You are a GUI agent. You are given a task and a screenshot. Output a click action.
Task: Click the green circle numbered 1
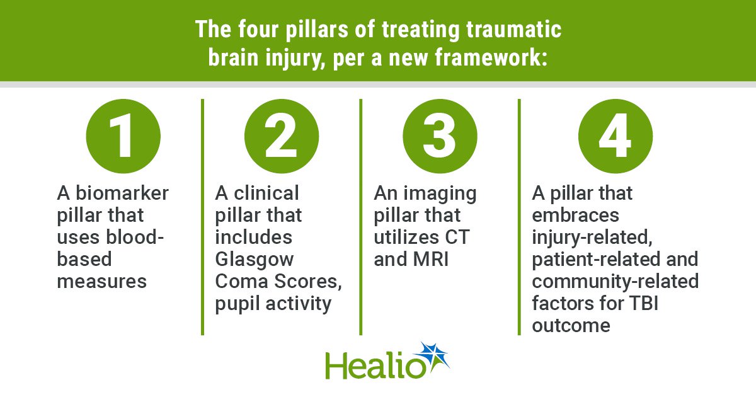pyautogui.click(x=123, y=136)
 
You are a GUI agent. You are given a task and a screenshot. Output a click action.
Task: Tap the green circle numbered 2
pyautogui.click(x=282, y=136)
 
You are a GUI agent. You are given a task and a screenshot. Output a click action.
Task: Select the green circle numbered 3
pyautogui.click(x=440, y=136)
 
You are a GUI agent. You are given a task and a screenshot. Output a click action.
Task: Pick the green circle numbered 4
pyautogui.click(x=616, y=136)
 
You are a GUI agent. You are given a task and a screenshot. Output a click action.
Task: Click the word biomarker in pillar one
pyautogui.click(x=122, y=193)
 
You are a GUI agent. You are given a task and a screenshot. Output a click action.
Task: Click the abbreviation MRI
pyautogui.click(x=431, y=259)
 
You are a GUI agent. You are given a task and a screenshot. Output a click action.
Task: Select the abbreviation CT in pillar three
pyautogui.click(x=457, y=237)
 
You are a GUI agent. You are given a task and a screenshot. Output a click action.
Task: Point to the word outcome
pyautogui.click(x=571, y=325)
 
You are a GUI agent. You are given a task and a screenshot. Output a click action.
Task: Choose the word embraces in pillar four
pyautogui.click(x=575, y=215)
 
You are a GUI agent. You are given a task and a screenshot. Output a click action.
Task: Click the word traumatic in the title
pyautogui.click(x=513, y=30)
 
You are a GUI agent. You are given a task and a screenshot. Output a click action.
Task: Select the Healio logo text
pyautogui.click(x=375, y=365)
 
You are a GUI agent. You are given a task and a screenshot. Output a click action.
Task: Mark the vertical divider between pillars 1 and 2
pyautogui.click(x=202, y=217)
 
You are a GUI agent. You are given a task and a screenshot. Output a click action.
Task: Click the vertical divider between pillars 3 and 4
pyautogui.click(x=519, y=217)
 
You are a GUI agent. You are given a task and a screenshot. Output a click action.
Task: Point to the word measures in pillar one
pyautogui.click(x=101, y=282)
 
